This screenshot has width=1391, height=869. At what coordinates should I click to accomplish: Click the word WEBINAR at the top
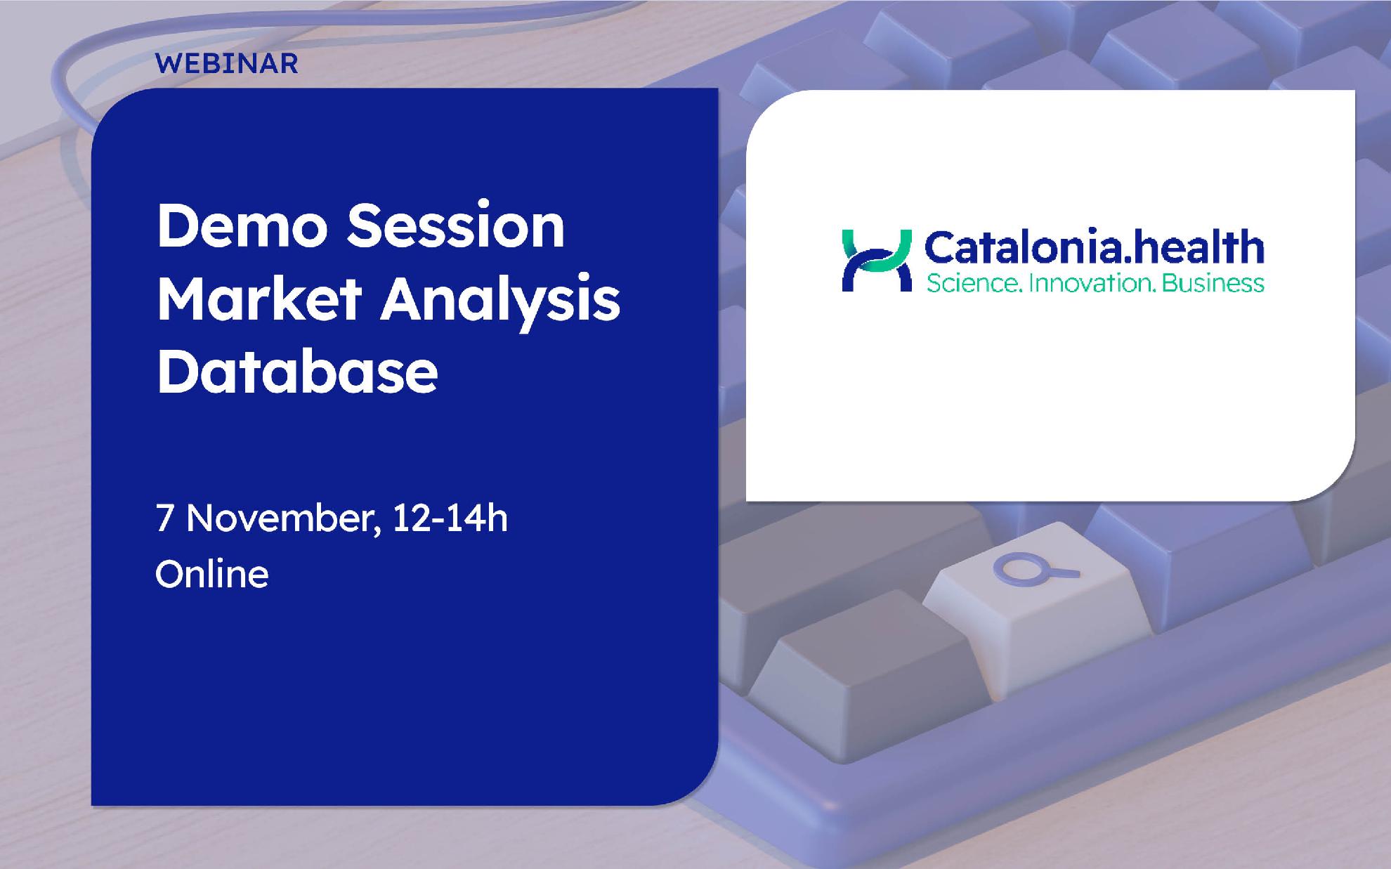pyautogui.click(x=227, y=64)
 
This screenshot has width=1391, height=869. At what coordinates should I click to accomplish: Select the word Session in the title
pyautogui.click(x=457, y=226)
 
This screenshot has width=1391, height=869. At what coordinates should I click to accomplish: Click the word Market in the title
pyautogui.click(x=259, y=299)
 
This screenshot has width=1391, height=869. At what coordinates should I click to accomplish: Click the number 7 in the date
pyautogui.click(x=164, y=519)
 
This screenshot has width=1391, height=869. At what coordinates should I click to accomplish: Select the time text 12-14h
pyautogui.click(x=450, y=518)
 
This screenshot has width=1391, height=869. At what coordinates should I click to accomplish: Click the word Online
pyautogui.click(x=212, y=574)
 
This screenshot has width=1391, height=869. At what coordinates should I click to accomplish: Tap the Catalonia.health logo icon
pyautogui.click(x=877, y=260)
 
